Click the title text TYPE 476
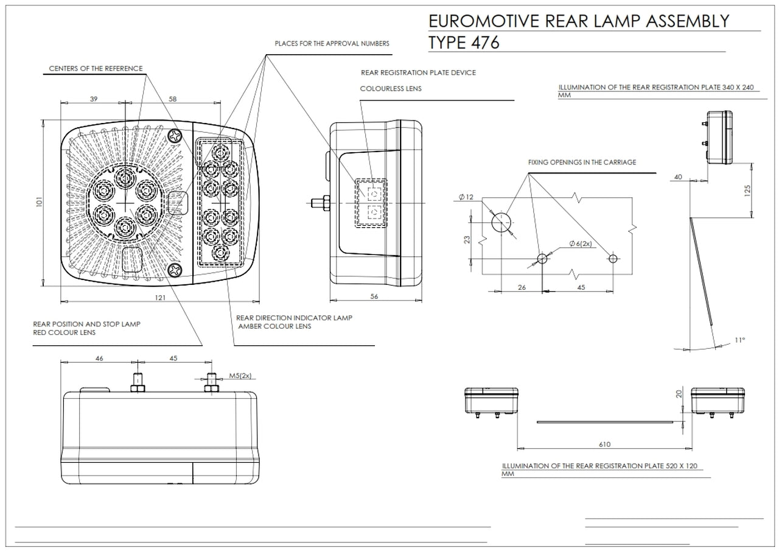[x=464, y=43]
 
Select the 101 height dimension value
[x=39, y=202]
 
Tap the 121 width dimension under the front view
[x=160, y=297]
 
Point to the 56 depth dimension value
[x=374, y=296]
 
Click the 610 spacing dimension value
[x=604, y=444]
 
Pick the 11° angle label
[x=739, y=340]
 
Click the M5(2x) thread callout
[x=240, y=376]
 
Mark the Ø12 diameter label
[x=467, y=197]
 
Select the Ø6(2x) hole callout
[x=580, y=244]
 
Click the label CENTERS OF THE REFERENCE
[x=96, y=68]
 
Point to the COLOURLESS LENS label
[x=390, y=89]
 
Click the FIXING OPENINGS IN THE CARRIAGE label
[x=582, y=163]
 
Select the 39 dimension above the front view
[x=93, y=99]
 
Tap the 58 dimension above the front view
[x=172, y=99]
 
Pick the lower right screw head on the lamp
[x=175, y=268]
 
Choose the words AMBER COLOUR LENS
[x=275, y=326]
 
